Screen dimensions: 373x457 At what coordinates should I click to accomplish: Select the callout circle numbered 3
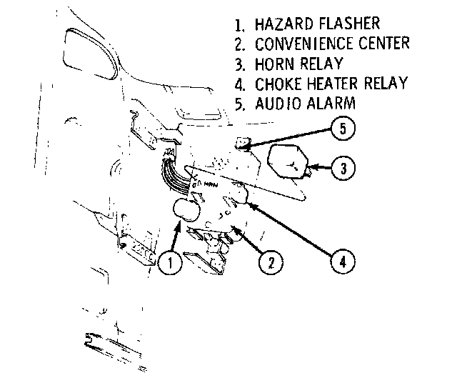[x=343, y=169]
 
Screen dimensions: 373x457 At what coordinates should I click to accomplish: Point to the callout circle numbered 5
[x=343, y=129]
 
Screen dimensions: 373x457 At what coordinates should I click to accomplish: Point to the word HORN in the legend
[x=275, y=64]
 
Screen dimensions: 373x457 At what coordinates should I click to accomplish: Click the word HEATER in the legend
[x=335, y=84]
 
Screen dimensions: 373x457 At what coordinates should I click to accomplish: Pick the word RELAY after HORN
[x=324, y=64]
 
